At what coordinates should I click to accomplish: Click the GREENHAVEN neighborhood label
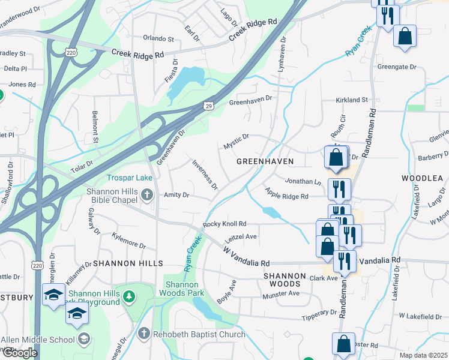[x=265, y=162]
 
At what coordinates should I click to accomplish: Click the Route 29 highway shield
[x=208, y=106]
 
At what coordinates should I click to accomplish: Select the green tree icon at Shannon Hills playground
[x=128, y=296]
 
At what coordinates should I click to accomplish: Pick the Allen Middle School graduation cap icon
[x=83, y=340]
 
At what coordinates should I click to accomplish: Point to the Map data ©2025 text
[x=424, y=355]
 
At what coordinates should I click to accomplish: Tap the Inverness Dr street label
[x=205, y=175]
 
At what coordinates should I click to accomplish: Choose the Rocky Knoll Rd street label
[x=225, y=224]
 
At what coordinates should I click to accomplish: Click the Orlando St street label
[x=158, y=39]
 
